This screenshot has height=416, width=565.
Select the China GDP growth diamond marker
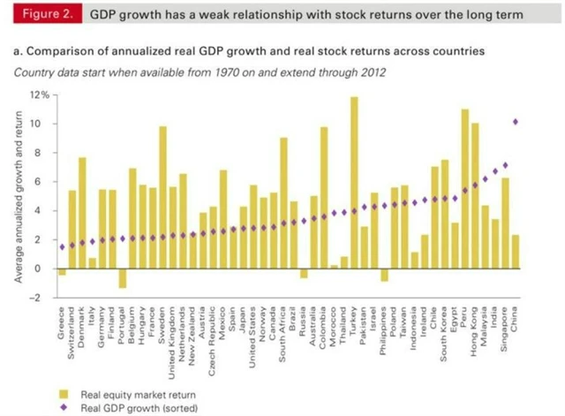[x=515, y=122]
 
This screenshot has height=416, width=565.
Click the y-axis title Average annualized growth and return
[x=19, y=199]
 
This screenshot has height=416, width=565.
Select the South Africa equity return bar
[x=283, y=202]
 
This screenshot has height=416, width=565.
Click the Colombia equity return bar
[x=324, y=197]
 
